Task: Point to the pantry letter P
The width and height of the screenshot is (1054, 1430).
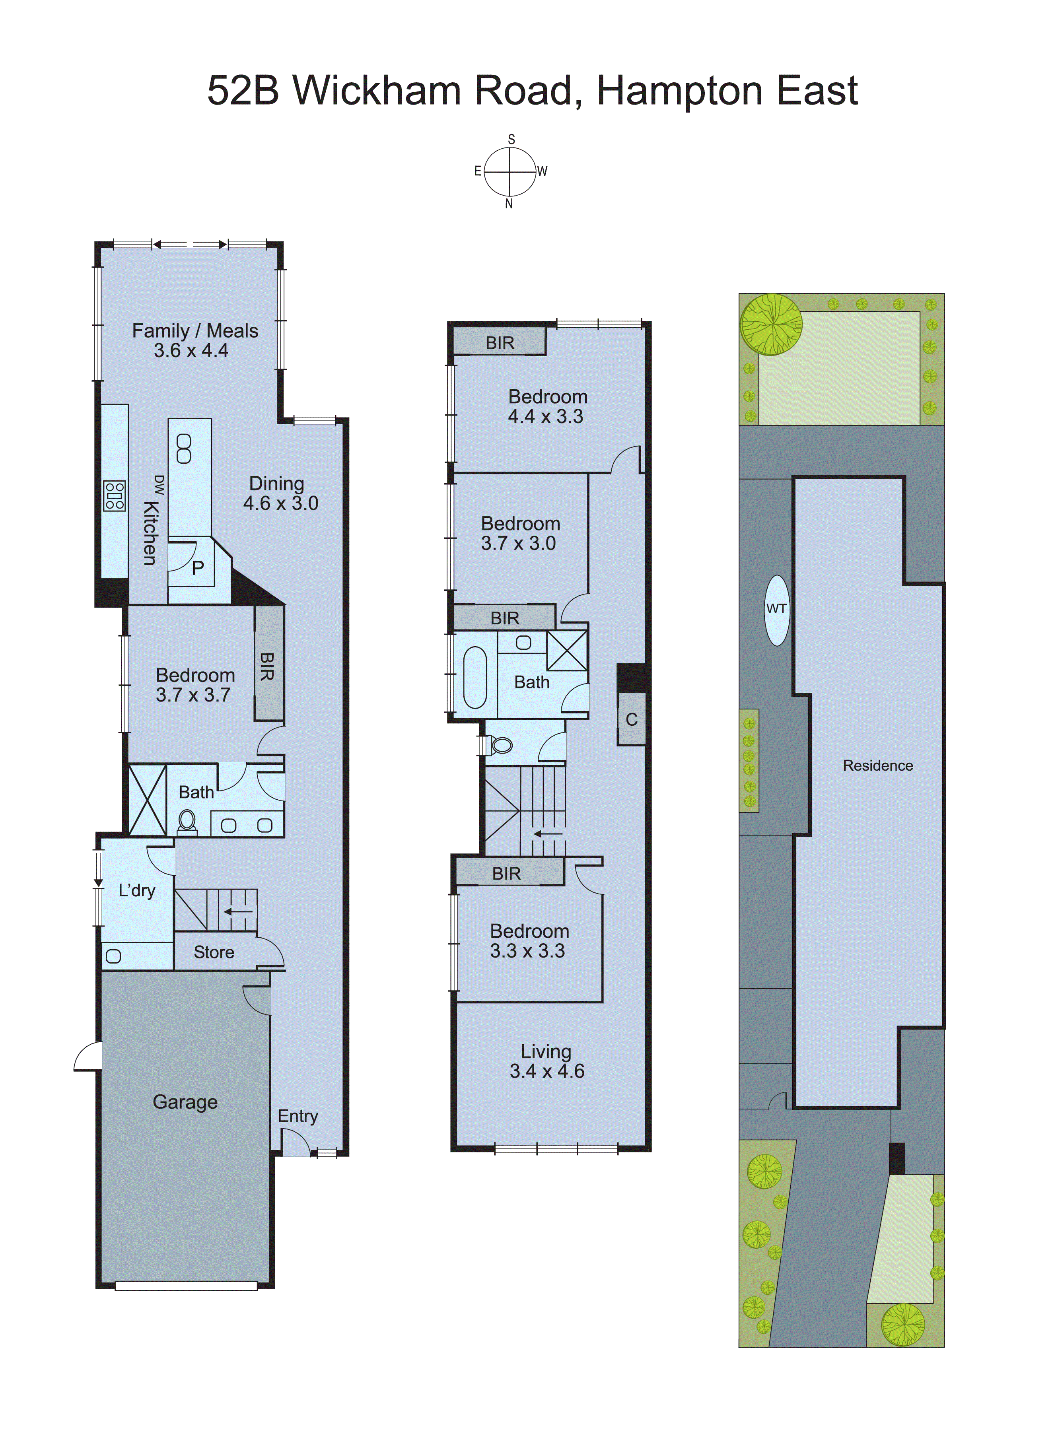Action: tap(198, 567)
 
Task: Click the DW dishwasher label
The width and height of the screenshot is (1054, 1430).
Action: tap(159, 485)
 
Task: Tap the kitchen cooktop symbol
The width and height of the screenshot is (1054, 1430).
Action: tap(115, 495)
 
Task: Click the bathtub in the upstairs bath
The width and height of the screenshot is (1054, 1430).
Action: tap(474, 677)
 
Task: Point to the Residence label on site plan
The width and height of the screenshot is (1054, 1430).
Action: tap(877, 766)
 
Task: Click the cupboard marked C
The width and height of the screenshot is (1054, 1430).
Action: tap(631, 719)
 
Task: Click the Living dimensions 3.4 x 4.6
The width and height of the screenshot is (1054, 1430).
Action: tap(547, 1071)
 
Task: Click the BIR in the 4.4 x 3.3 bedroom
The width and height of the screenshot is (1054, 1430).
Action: tap(500, 342)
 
